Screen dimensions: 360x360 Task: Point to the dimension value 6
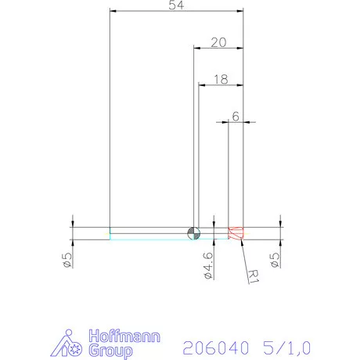[x=235, y=116]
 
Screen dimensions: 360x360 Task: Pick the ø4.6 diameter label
[x=207, y=263]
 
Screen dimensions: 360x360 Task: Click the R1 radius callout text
[x=253, y=275]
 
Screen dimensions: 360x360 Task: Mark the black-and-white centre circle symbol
[x=194, y=232]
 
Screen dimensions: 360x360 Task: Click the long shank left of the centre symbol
[x=149, y=232]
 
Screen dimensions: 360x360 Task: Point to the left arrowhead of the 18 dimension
[x=202, y=85]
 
